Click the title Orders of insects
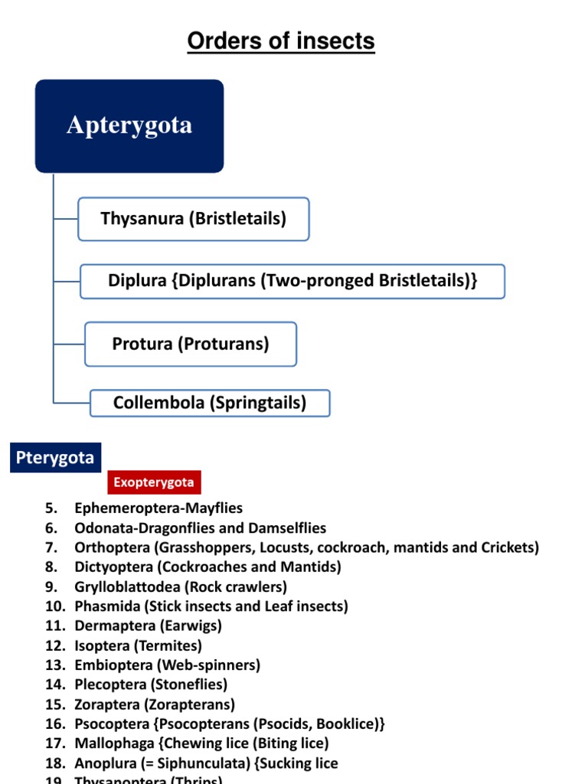pyautogui.click(x=281, y=41)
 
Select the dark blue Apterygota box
pyautogui.click(x=129, y=126)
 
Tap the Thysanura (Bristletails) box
pyautogui.click(x=194, y=219)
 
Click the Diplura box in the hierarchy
pyautogui.click(x=292, y=281)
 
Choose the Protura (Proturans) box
pyautogui.click(x=191, y=344)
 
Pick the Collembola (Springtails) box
pyautogui.click(x=210, y=403)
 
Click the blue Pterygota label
pyautogui.click(x=55, y=458)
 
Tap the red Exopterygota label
pyautogui.click(x=154, y=482)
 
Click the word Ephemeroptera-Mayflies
pyautogui.click(x=158, y=508)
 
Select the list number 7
pyautogui.click(x=51, y=547)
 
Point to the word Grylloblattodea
pyautogui.click(x=125, y=587)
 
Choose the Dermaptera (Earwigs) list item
pyautogui.click(x=148, y=626)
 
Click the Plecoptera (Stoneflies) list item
pyautogui.click(x=151, y=684)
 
